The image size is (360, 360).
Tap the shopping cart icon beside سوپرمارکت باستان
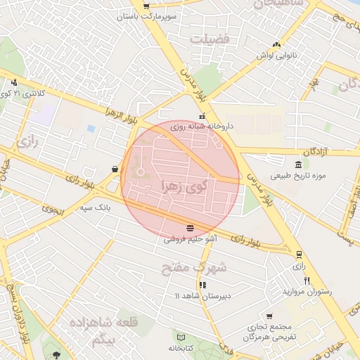(146, 6)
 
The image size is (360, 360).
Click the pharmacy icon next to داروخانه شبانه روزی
(202, 117)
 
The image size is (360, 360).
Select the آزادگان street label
(321, 153)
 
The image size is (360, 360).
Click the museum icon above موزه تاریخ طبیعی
(299, 164)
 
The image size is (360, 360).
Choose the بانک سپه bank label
(95, 208)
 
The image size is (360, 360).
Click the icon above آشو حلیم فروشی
(191, 227)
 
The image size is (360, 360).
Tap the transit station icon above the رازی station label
(300, 255)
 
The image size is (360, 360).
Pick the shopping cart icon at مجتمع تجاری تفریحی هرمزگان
(269, 316)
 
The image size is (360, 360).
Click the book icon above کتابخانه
(181, 337)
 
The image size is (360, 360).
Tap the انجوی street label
(51, 208)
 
